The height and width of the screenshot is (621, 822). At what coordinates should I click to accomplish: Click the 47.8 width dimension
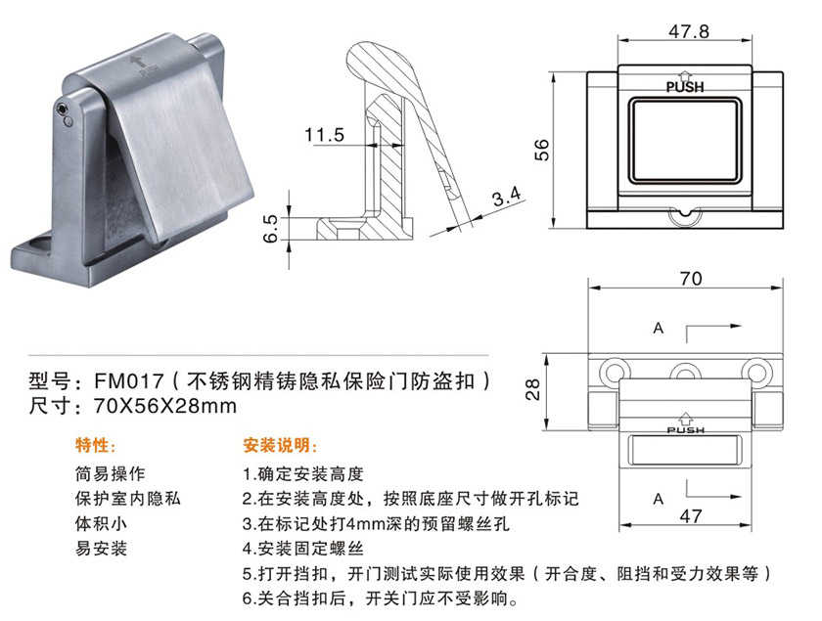[688, 31]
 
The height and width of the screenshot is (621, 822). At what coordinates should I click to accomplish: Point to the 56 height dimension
[541, 150]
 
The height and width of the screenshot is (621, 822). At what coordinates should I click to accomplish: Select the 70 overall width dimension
[691, 279]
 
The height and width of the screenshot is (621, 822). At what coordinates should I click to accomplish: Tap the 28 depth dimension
[532, 390]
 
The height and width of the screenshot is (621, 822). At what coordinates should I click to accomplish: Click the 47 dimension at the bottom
[691, 516]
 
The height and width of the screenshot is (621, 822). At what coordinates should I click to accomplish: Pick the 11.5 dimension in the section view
[325, 135]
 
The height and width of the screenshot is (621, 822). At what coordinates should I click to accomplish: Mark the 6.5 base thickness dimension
[270, 229]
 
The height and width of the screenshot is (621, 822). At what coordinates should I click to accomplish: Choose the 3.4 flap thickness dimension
[507, 197]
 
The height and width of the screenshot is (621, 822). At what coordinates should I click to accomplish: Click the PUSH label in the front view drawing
[685, 87]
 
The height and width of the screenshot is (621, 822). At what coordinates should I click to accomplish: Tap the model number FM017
[129, 380]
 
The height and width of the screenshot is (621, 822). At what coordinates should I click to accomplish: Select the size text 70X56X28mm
[165, 406]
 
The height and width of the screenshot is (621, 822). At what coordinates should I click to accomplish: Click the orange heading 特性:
[96, 445]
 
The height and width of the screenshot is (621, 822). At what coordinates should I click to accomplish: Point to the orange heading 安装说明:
[280, 445]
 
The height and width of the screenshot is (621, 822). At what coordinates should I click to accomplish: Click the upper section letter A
[659, 329]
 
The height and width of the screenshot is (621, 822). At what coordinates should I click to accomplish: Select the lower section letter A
[659, 499]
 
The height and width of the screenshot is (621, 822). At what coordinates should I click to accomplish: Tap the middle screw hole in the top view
[685, 372]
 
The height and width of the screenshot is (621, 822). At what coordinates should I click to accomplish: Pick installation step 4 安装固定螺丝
[302, 549]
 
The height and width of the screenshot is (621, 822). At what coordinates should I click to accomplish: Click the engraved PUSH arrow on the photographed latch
[138, 61]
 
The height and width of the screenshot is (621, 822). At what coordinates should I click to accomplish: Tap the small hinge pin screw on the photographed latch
[63, 109]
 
